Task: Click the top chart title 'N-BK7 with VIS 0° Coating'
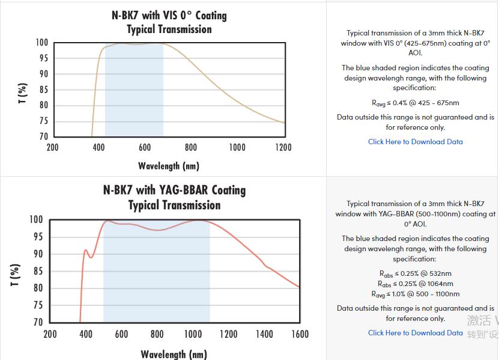pos(169,15)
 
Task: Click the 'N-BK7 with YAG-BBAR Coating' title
pos(174,190)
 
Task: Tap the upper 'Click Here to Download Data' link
pos(415,142)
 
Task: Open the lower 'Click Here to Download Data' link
pos(415,333)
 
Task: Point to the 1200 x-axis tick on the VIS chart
pos(283,147)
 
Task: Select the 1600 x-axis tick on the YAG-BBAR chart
pos(300,334)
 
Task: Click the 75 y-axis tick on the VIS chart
pos(43,121)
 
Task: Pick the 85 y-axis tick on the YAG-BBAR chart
pos(37,271)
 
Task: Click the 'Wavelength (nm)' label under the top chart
pos(169,165)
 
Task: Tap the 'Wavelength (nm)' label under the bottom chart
pos(174,353)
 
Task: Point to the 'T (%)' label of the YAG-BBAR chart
pos(16,271)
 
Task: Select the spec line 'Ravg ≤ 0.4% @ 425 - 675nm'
pos(416,103)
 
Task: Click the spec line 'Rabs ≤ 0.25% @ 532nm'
pos(415,273)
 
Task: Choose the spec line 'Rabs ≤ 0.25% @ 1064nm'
pos(415,284)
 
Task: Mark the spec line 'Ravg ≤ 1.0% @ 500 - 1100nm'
pos(415,294)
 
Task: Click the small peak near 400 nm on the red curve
pos(85,250)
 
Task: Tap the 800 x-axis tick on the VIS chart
pos(190,147)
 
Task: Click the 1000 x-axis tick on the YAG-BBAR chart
pos(193,334)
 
